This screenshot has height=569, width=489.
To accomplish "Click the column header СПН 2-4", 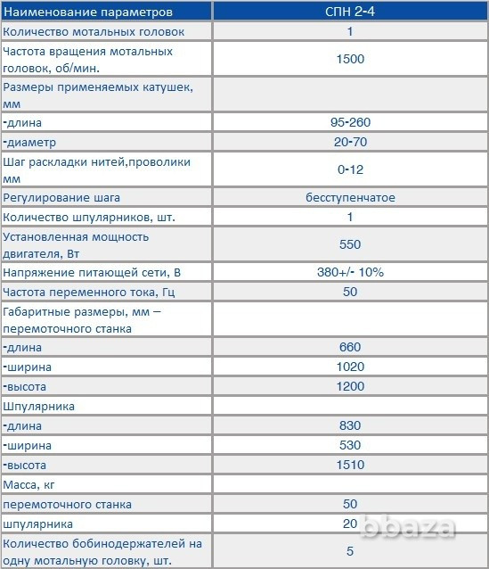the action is [x=349, y=12].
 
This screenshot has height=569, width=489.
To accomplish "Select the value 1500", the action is [x=349, y=60].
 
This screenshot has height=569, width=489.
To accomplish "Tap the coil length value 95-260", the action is [x=349, y=122].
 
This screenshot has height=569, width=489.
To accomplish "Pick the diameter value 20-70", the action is [x=349, y=142].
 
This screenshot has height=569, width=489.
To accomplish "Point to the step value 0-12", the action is [x=349, y=169].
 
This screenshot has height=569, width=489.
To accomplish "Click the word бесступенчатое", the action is [x=349, y=197].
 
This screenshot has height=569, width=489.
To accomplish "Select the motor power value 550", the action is [x=349, y=244].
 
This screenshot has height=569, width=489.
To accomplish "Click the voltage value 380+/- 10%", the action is [x=349, y=272].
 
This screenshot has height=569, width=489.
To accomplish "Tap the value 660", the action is [x=349, y=347].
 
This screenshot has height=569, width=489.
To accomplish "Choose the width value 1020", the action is [x=349, y=367].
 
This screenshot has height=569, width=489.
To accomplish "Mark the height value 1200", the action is [x=349, y=386].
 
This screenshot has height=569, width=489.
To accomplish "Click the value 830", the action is [x=349, y=425].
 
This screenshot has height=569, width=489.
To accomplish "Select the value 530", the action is [x=349, y=445].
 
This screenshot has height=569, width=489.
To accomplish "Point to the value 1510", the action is [x=349, y=465].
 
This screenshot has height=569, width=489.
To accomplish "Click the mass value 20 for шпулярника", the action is [x=349, y=524].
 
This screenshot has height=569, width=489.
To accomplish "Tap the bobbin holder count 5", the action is [x=349, y=550].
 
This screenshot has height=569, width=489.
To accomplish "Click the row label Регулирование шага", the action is [x=61, y=197].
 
